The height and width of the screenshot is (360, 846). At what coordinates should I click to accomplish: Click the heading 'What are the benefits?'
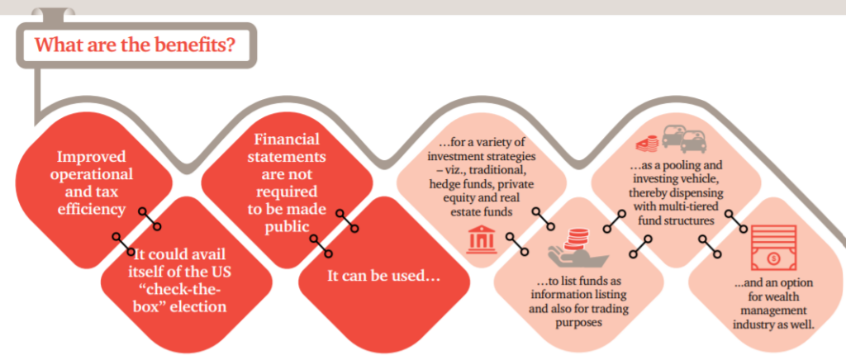point(135,45)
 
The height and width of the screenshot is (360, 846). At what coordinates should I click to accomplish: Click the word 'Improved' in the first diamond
point(92,157)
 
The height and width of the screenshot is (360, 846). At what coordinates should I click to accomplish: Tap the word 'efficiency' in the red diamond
point(91,209)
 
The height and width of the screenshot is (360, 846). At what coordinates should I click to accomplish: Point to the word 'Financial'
point(287,139)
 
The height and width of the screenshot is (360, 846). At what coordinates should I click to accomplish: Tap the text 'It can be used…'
point(383,277)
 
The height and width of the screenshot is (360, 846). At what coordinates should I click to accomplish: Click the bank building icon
point(482,239)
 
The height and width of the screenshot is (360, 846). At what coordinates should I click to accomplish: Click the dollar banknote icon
point(773,248)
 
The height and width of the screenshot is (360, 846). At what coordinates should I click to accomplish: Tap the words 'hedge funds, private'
point(482,184)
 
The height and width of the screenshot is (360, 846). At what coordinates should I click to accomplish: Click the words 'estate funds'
point(482,211)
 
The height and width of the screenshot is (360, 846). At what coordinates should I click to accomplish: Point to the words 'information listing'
point(577,296)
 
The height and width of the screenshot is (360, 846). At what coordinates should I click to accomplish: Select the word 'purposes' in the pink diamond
point(577,322)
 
